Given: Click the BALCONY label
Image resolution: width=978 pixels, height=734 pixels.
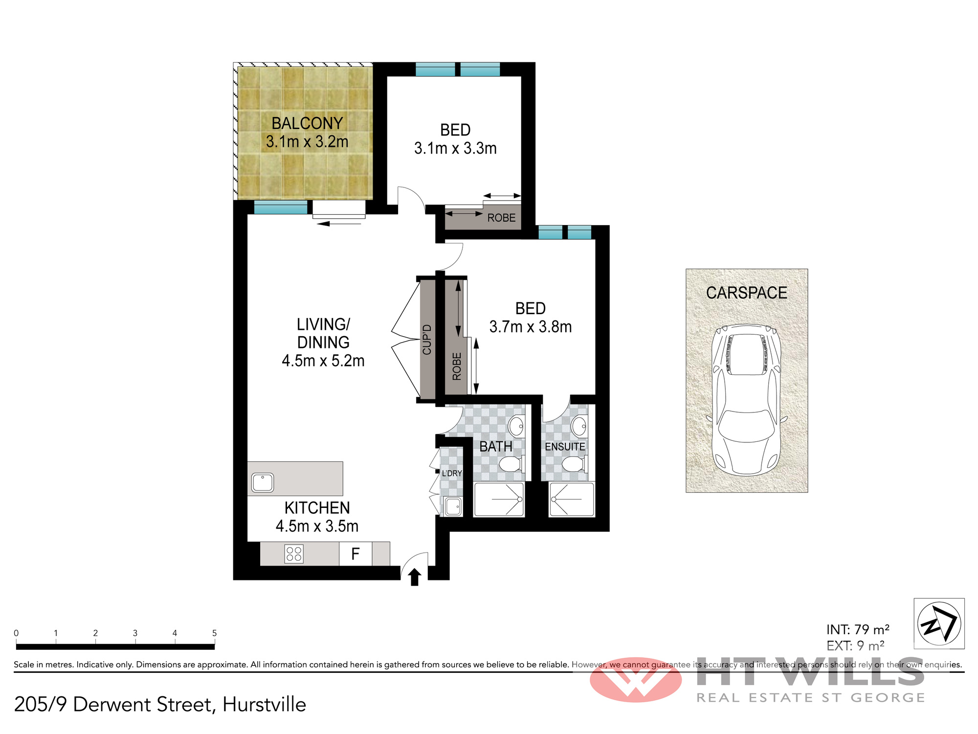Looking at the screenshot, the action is (307, 123).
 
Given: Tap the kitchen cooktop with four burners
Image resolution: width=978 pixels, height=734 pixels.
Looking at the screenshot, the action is (294, 554).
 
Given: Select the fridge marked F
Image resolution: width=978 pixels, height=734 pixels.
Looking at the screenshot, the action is (356, 554).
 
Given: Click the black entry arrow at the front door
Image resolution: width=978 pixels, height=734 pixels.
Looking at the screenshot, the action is (415, 577).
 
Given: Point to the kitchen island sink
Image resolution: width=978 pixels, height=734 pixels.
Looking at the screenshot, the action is (263, 483).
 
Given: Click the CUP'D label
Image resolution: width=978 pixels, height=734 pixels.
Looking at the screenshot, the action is (427, 340).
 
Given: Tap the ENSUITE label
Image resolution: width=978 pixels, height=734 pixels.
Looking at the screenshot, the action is (565, 447).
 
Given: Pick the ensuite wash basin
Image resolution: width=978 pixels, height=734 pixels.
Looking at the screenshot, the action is (579, 426).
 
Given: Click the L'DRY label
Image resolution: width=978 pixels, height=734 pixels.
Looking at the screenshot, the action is (452, 473).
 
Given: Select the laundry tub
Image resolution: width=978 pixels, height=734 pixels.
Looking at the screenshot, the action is (453, 506).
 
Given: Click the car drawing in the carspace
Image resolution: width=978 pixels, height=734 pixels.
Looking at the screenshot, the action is (746, 400).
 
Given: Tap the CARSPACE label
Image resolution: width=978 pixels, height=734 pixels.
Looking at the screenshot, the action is (747, 293).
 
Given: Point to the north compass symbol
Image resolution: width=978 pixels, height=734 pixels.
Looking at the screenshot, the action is (939, 624).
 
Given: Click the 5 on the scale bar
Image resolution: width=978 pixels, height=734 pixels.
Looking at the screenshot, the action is (214, 633).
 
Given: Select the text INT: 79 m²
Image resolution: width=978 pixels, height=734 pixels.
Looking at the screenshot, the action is (858, 629).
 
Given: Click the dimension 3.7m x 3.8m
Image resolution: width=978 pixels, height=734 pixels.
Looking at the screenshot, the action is (531, 326).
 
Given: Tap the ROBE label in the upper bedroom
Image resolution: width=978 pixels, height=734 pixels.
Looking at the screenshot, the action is (501, 218).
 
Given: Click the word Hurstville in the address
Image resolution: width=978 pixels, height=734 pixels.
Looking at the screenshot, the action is (264, 705).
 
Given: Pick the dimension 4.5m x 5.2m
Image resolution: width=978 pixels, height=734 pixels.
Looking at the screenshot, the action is (323, 361).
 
